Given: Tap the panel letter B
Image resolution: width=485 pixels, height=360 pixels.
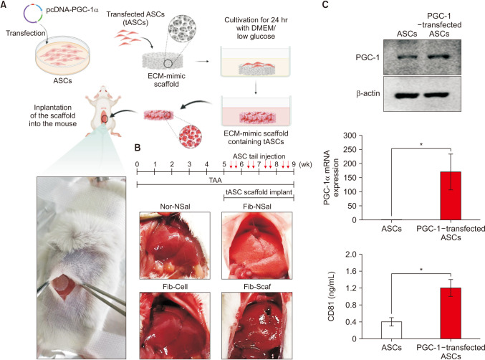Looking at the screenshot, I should pos(130,149).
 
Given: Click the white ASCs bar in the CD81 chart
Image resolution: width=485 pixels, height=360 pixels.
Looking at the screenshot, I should pos(391,330).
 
